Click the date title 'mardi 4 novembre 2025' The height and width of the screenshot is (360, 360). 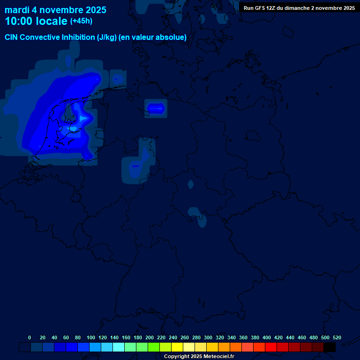click(x=55, y=10)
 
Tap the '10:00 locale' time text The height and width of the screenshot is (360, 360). click(x=36, y=22)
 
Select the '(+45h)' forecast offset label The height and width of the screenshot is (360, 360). click(x=81, y=21)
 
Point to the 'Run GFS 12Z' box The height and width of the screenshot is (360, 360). click(x=299, y=8)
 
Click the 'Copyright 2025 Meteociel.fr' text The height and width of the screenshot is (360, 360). click(x=199, y=356)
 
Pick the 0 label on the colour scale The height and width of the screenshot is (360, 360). click(x=30, y=337)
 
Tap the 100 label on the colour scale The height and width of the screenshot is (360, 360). click(x=91, y=337)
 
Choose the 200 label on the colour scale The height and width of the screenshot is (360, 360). click(x=150, y=337)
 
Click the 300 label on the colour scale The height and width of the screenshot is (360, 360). click(x=208, y=337)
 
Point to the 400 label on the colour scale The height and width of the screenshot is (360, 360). click(x=267, y=337)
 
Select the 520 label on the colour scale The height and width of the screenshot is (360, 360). click(x=337, y=337)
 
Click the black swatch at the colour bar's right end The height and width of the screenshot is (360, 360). click(x=330, y=347)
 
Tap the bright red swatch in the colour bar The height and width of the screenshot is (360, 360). click(x=271, y=347)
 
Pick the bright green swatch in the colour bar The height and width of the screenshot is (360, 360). click(x=154, y=347)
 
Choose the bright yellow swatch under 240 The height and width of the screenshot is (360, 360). click(x=177, y=347)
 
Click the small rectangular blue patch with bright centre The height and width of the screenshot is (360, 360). click(x=156, y=108)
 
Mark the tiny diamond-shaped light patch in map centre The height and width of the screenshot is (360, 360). click(x=190, y=184)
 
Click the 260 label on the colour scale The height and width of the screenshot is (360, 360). click(x=185, y=337)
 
